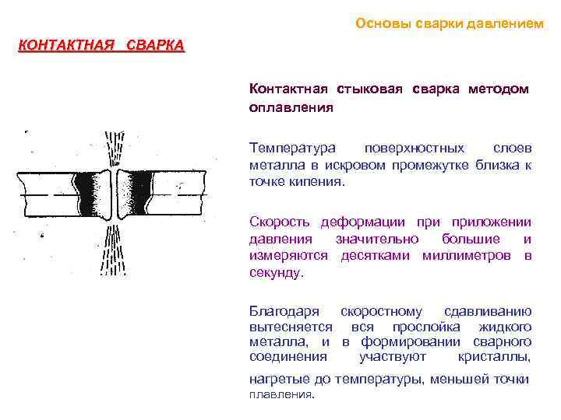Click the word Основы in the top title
(x=376, y=23)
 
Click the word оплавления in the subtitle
(x=291, y=107)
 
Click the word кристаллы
(x=495, y=357)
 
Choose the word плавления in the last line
(x=280, y=394)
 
